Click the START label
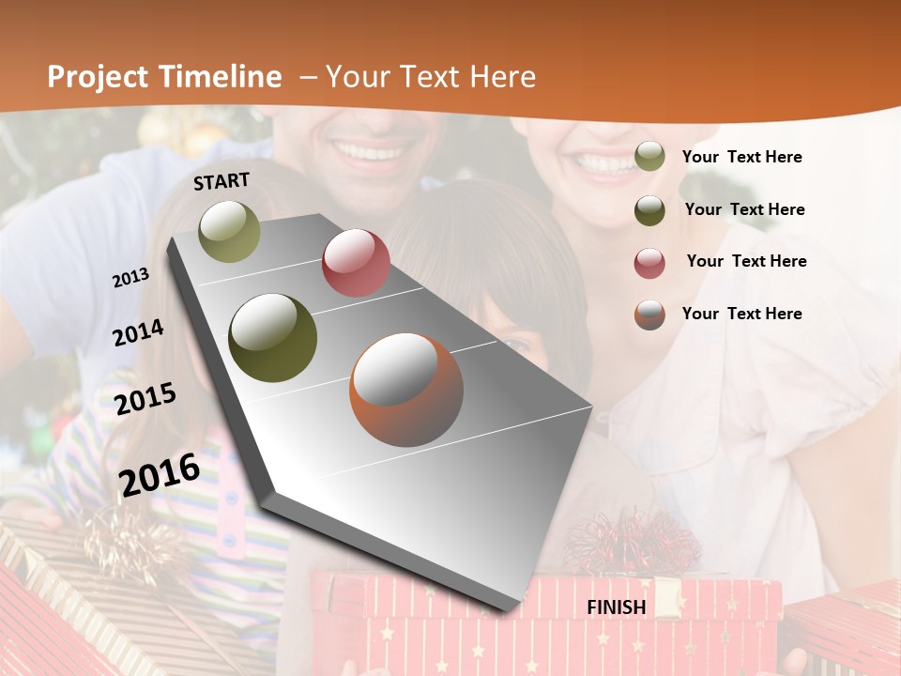click(221, 181)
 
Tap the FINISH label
click(617, 607)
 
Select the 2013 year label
click(131, 278)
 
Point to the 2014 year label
click(138, 332)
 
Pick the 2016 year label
click(160, 474)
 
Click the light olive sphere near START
click(230, 231)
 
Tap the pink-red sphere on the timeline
click(356, 263)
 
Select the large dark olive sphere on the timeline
click(273, 338)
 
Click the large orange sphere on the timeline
click(406, 390)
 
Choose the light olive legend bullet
click(649, 157)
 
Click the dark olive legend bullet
click(649, 210)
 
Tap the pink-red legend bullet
click(649, 263)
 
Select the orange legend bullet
click(649, 315)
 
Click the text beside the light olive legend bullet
click(741, 158)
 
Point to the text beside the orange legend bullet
click(741, 314)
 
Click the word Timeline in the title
click(221, 77)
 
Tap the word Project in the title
click(98, 77)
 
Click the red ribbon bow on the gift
click(632, 543)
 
